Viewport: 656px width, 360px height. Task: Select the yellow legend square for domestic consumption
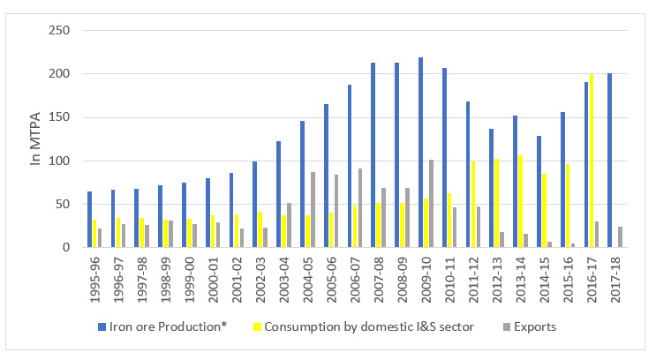coord(274,326)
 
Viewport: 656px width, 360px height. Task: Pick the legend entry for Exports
coord(529,326)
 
